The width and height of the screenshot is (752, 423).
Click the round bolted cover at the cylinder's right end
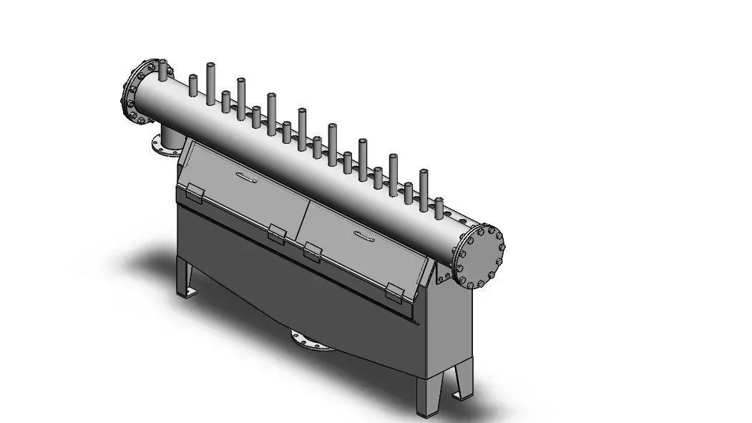click(479, 257)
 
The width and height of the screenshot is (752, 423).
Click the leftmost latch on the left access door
click(194, 192)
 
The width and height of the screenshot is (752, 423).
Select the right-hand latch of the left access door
click(277, 232)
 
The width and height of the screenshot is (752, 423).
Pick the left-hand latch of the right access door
click(312, 251)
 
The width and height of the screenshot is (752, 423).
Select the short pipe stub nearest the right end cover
click(440, 208)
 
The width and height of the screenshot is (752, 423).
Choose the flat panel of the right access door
click(358, 254)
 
